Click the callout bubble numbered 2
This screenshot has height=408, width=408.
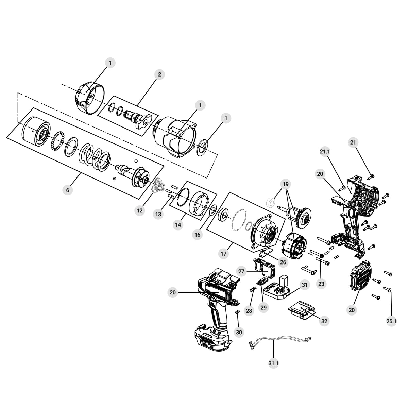point(159,74)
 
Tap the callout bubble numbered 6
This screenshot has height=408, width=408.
point(68,190)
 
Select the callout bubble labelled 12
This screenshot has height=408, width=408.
point(140,210)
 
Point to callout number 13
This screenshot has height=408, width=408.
point(158,214)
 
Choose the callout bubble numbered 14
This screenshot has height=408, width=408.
point(178,225)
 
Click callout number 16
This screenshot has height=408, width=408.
point(197,234)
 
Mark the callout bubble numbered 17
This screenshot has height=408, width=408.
point(224,253)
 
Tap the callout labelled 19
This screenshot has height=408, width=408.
point(286,184)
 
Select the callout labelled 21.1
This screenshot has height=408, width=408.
point(325,152)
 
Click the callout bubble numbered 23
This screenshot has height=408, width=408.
point(321,284)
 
